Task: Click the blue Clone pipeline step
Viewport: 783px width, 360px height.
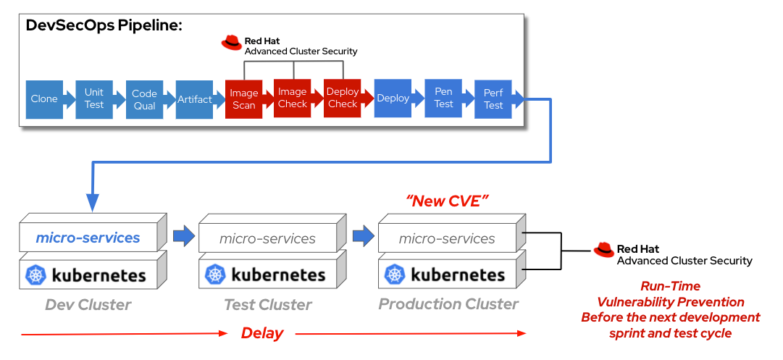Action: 44,99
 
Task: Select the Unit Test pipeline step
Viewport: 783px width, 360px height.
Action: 94,99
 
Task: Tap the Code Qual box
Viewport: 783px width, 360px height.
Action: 144,99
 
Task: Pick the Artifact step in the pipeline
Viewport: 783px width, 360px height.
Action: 194,99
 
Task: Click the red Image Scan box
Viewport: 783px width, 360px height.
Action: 243,99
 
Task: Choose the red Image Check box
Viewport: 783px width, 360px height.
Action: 293,99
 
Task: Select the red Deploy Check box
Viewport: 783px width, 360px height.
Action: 342,99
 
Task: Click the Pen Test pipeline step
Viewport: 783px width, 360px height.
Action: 443,99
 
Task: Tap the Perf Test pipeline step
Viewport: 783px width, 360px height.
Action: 493,99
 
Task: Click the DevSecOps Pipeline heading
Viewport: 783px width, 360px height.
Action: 104,26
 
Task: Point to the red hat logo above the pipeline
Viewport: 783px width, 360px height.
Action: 232,43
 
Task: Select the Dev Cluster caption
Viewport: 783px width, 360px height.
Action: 88,304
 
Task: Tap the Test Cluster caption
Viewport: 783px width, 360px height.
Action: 268,304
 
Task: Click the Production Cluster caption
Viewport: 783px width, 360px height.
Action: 448,304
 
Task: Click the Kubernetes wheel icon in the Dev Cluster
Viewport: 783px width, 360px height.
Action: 36,275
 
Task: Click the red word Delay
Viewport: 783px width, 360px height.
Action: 261,333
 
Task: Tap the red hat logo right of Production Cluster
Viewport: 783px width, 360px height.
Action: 603,251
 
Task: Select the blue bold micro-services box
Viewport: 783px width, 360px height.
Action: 88,238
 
